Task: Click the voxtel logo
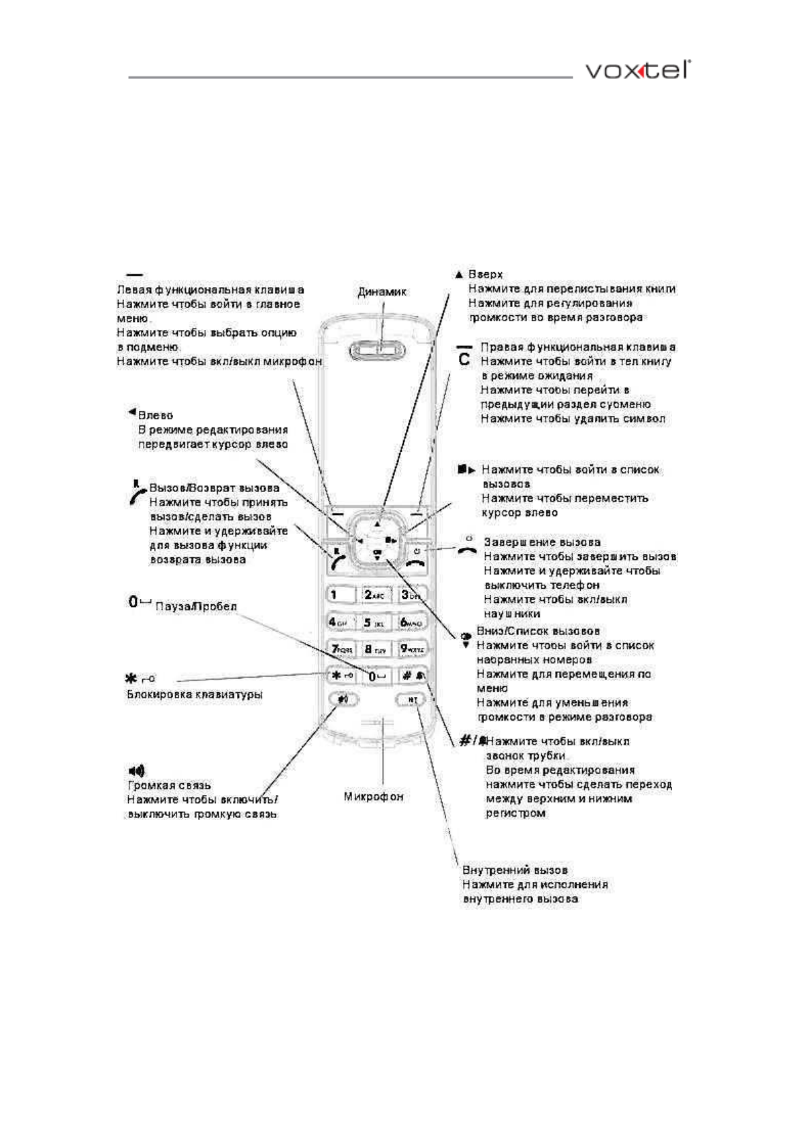tap(638, 70)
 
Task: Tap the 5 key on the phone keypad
tap(375, 622)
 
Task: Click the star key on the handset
tap(342, 676)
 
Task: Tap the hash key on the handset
tap(413, 676)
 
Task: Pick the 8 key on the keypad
tap(375, 649)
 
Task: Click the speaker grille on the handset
tap(377, 351)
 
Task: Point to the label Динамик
tap(382, 292)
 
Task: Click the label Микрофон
tap(373, 796)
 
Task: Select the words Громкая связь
tap(170, 785)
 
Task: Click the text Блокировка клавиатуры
tap(195, 695)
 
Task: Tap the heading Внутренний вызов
tap(515, 870)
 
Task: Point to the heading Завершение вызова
tap(542, 542)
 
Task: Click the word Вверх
tap(486, 274)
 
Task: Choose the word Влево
tap(155, 415)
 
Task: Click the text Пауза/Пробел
tap(196, 606)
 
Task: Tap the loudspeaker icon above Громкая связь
tap(136, 771)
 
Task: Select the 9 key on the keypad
tap(412, 649)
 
